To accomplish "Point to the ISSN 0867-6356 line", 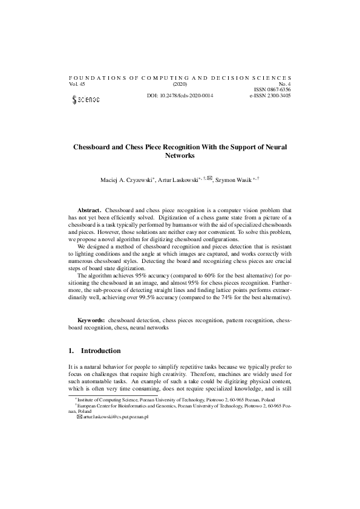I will tap(273, 90).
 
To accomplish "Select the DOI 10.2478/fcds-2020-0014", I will tap(180, 96).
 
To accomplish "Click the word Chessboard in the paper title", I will tap(94, 147).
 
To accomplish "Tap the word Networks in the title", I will tap(180, 155).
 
